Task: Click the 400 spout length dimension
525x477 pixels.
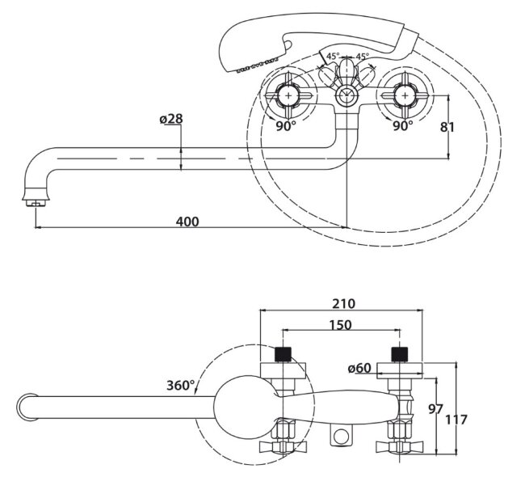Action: [187, 221]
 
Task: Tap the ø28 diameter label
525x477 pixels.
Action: [172, 120]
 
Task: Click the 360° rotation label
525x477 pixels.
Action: [181, 386]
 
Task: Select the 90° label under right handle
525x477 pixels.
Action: [403, 126]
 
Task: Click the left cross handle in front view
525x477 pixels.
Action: [288, 95]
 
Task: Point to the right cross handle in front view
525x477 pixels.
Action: [402, 95]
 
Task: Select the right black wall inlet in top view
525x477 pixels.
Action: [398, 352]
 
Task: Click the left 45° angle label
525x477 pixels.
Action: [332, 57]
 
